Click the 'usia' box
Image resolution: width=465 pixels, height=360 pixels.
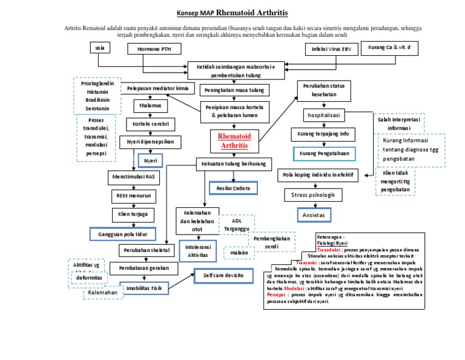tap(99, 47)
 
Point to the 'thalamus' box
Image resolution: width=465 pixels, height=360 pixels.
tap(150, 105)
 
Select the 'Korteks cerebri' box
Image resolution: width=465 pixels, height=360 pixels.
tap(150, 124)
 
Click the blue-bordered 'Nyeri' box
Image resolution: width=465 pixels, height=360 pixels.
tap(150, 161)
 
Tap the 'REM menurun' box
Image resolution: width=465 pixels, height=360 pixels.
tap(133, 196)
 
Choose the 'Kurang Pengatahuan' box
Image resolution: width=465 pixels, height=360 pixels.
tap(323, 154)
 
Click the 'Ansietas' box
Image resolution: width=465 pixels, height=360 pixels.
tap(314, 215)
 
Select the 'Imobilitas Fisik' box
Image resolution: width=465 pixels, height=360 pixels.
tap(143, 287)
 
